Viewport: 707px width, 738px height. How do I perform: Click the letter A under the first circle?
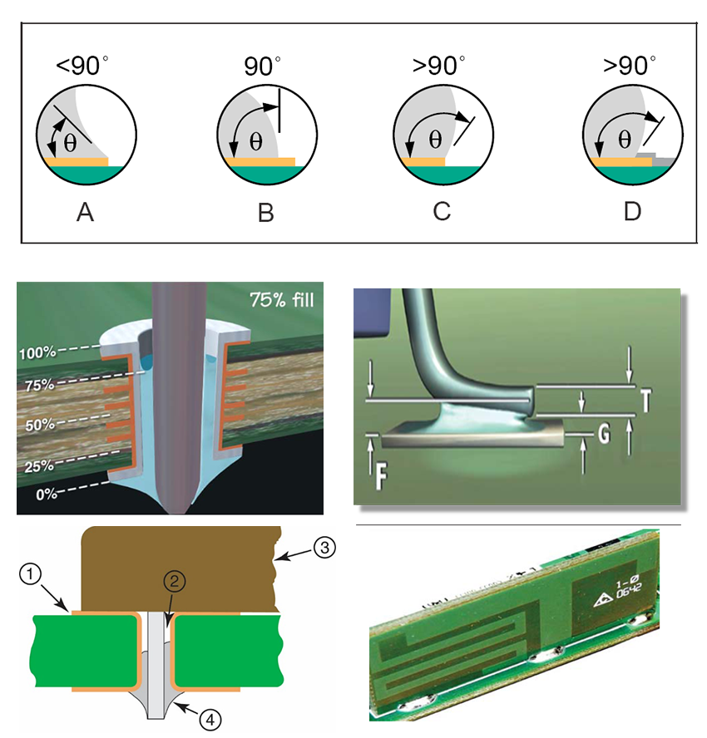[85, 212]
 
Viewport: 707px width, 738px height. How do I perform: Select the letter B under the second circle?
[265, 213]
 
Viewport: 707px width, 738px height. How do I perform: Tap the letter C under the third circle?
[442, 211]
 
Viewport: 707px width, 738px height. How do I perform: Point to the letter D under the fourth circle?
[633, 211]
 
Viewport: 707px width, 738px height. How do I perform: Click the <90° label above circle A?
[82, 66]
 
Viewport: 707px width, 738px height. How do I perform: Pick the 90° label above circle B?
[262, 66]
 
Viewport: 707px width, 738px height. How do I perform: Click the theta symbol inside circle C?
[435, 140]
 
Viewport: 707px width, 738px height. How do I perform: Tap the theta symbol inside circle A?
[70, 143]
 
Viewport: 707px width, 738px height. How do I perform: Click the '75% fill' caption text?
[282, 300]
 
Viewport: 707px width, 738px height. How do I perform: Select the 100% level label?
[37, 352]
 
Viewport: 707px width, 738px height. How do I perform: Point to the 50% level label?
[40, 425]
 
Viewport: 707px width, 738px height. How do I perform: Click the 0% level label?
[47, 494]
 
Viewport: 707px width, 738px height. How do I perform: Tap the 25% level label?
[39, 466]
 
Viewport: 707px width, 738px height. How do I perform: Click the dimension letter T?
[645, 401]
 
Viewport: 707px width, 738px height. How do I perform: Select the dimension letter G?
[605, 434]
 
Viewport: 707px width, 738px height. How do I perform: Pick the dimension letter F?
[381, 476]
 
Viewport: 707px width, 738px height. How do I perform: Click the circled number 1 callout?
[31, 574]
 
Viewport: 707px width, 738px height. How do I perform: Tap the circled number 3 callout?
[324, 548]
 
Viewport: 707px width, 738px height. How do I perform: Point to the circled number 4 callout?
[210, 720]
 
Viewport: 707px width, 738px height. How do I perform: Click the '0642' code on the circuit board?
[629, 591]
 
